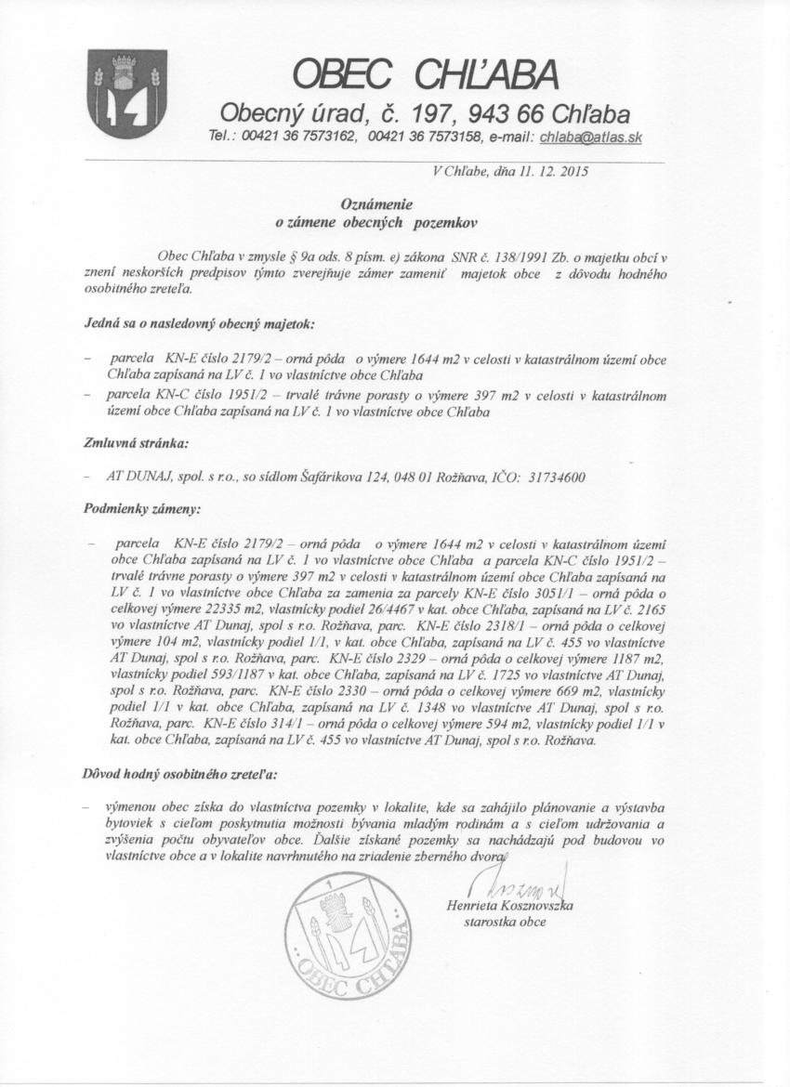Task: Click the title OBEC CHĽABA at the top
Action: tap(426, 73)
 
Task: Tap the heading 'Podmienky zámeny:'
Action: tap(128, 509)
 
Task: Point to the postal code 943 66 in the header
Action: tap(480, 114)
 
